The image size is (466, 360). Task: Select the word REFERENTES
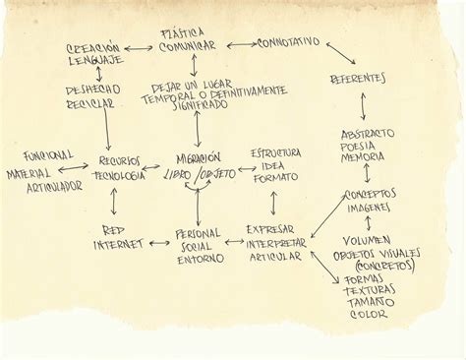[x=358, y=78]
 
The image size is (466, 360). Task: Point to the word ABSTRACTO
[x=367, y=132]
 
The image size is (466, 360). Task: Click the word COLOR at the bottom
[x=373, y=315]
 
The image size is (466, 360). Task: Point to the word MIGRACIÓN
[x=199, y=157]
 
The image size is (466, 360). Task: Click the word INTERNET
[x=119, y=243]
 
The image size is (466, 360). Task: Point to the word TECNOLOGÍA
[x=119, y=174]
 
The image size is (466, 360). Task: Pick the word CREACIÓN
[x=94, y=48]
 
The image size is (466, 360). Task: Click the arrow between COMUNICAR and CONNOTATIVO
[x=239, y=45]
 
